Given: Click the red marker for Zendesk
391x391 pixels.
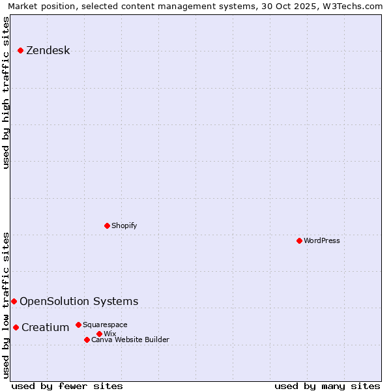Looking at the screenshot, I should [20, 50].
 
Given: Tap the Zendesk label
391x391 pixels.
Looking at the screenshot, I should [48, 51].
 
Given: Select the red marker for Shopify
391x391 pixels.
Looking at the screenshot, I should [107, 225].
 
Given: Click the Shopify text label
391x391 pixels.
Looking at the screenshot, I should [124, 225].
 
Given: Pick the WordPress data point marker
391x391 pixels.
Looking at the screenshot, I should [299, 240].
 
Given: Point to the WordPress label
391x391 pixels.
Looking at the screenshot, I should [321, 240].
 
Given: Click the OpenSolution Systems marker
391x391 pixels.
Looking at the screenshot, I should [14, 301].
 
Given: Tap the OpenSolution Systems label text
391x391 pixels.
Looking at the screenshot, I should [79, 301].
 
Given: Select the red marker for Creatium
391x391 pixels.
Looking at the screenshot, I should [16, 327].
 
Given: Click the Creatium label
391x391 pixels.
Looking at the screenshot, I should [45, 327].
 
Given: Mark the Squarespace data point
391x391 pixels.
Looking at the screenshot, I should [78, 325].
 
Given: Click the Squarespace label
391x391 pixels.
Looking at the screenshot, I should [105, 325].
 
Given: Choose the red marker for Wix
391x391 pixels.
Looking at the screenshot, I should [99, 334].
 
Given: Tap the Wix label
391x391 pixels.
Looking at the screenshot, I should [109, 334].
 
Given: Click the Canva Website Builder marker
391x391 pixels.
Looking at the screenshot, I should [87, 340].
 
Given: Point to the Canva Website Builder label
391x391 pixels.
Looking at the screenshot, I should [130, 340].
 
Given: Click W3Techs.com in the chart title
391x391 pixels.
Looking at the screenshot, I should [356, 7].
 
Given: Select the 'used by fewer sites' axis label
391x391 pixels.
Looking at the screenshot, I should [67, 386].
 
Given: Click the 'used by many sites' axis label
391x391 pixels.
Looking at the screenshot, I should [327, 386].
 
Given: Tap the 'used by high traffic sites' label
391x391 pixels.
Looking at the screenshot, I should [7, 93].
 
